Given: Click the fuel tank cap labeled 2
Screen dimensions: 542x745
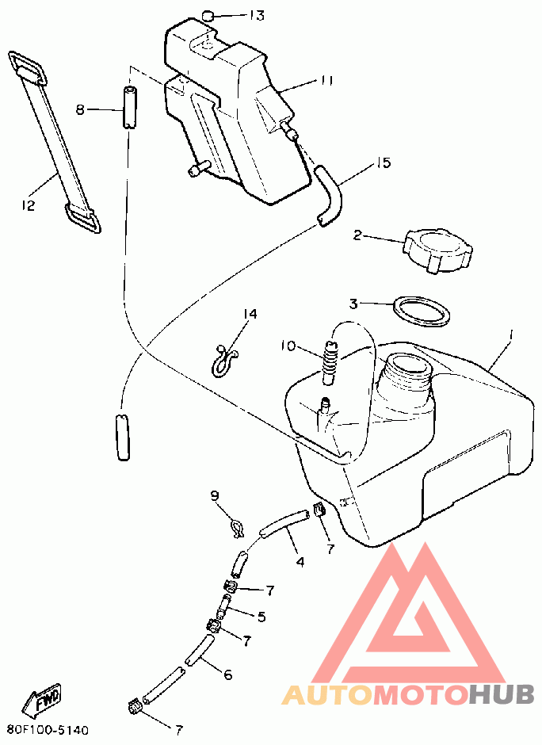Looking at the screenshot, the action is tap(437, 250).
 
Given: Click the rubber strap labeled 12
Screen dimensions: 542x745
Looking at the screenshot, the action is tap(55, 143).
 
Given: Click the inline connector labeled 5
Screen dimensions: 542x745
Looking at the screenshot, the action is tap(224, 606).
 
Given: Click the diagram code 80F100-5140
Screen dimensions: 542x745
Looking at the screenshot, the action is tap(48, 730).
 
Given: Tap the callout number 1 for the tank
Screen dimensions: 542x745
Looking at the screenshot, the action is tap(510, 335).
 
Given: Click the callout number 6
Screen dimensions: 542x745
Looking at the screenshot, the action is tap(228, 674).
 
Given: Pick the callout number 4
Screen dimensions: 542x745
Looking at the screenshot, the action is tap(300, 562).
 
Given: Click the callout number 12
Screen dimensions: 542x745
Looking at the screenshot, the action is tap(28, 205).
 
